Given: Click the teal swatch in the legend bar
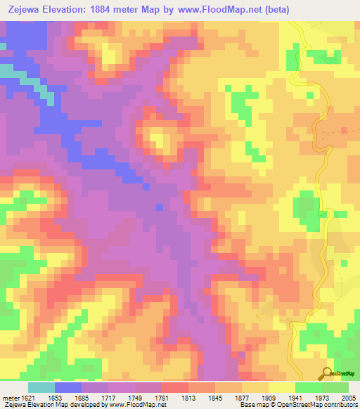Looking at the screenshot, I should [x=41, y=387].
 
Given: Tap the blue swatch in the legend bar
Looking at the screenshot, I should [x=68, y=387].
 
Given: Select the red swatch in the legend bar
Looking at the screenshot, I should [x=175, y=387].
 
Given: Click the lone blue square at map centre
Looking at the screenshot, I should [x=159, y=207].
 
